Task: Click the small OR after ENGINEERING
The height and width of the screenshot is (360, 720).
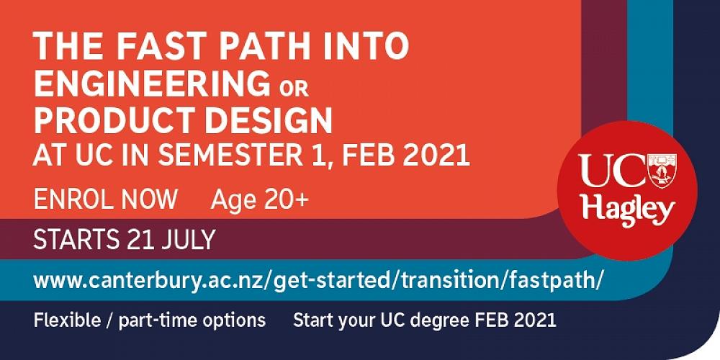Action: tap(292, 88)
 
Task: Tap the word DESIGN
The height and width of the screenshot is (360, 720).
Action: tap(268, 121)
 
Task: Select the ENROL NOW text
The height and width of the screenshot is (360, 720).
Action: tap(106, 199)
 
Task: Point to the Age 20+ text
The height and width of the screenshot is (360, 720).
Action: tap(259, 200)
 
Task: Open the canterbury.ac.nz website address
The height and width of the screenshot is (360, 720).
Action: tap(317, 280)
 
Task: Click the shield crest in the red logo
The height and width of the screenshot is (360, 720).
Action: tap(662, 171)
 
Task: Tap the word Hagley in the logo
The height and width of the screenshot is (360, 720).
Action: tap(628, 212)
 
